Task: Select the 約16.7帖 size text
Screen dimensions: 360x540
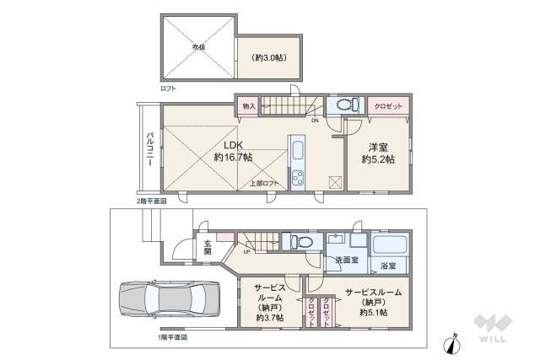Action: (x=233, y=157)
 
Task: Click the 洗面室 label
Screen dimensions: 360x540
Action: (x=346, y=260)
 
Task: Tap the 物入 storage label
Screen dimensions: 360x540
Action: (x=248, y=106)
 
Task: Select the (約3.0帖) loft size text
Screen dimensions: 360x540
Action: (x=267, y=57)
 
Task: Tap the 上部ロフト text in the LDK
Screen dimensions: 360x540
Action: (x=263, y=183)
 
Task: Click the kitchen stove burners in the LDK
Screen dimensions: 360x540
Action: (x=298, y=178)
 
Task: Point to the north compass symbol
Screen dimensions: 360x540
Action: (x=454, y=342)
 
